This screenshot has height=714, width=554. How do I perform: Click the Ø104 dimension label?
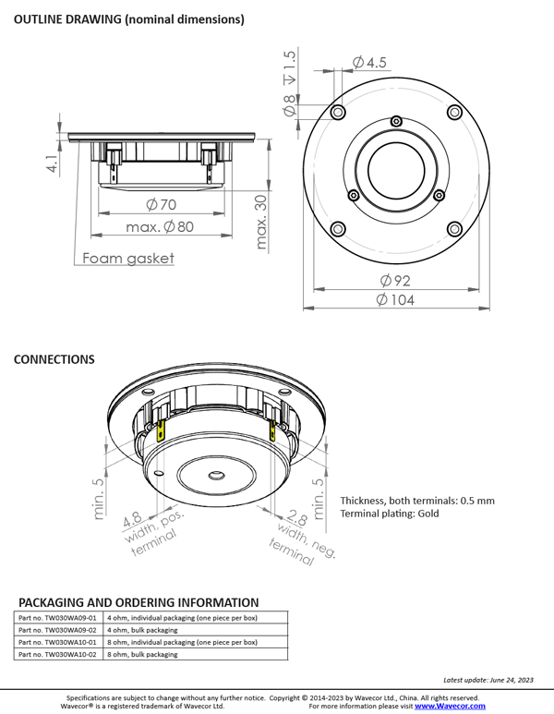tap(395, 300)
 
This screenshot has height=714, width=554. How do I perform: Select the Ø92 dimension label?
tap(395, 280)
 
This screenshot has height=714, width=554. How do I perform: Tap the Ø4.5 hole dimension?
tap(370, 63)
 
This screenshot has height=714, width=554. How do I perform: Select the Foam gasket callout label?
tap(128, 259)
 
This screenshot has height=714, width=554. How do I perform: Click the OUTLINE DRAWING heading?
tap(128, 19)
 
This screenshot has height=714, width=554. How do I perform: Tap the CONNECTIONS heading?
tap(54, 358)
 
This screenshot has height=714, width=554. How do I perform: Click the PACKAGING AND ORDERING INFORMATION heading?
tap(138, 601)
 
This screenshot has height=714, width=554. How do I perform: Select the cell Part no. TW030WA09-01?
tap(57, 617)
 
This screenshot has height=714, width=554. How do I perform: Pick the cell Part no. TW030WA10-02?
tap(57, 653)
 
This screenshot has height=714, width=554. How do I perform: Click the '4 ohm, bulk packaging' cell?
tap(142, 629)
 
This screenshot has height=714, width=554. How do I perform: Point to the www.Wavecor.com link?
tap(450, 705)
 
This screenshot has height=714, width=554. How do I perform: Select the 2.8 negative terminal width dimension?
tap(296, 519)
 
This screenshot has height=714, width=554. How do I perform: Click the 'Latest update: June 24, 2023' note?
tap(488, 680)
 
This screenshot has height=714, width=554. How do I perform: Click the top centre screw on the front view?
tap(396, 121)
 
